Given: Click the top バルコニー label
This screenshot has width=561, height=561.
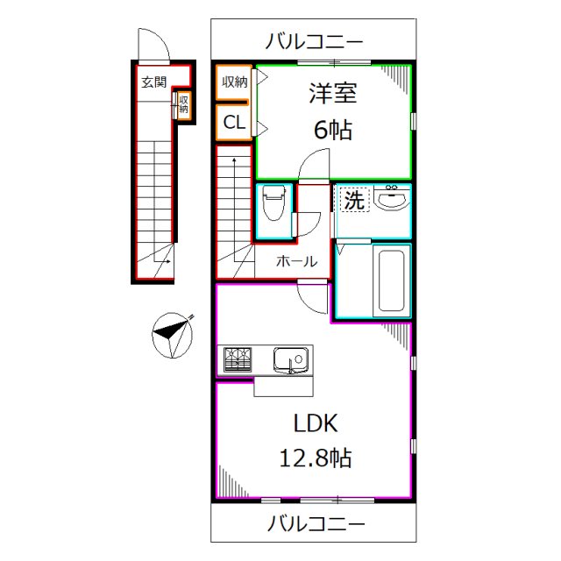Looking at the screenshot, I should (315, 41).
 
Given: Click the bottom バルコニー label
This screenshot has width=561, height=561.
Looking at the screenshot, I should (315, 524).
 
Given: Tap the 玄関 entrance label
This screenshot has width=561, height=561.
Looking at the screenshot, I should (153, 83).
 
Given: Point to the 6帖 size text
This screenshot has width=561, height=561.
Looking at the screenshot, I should (332, 131).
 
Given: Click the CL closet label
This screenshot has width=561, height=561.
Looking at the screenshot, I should (234, 123).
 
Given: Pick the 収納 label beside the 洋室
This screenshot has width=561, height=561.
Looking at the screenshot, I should (234, 82).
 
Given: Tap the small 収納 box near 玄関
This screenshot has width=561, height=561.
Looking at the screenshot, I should (184, 105).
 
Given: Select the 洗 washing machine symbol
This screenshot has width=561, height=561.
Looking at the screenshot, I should (352, 200).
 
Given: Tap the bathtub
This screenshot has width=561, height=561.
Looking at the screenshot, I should (391, 280).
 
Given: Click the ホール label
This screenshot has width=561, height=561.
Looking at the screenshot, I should (296, 260).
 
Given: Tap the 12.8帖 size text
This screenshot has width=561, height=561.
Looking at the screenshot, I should (315, 457).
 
